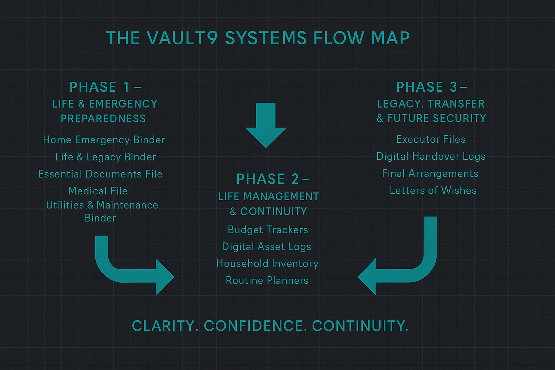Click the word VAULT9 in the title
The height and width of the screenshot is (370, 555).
coord(182,38)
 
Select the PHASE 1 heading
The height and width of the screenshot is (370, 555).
coord(105,87)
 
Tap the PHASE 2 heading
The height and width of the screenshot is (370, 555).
coord(273,179)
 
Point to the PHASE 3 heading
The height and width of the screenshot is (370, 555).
coord(432,87)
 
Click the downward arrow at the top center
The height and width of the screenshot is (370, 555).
coord(266,125)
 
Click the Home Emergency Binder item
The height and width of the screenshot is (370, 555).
coord(104,140)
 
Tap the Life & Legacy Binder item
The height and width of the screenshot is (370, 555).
coord(106,157)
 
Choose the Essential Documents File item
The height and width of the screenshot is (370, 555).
coord(100,174)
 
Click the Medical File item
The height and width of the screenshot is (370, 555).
coord(98,191)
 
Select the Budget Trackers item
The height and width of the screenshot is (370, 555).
coord(268,230)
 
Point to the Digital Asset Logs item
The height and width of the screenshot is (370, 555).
coord(267,247)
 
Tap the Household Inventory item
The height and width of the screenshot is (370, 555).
coord(267,264)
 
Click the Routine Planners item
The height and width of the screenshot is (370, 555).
coord(267,280)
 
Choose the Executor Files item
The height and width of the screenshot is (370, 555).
coord(431,139)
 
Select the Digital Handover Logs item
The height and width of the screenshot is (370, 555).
coord(431,156)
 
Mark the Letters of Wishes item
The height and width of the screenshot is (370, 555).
coord(433,190)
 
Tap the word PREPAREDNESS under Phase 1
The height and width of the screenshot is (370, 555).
coord(103,119)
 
